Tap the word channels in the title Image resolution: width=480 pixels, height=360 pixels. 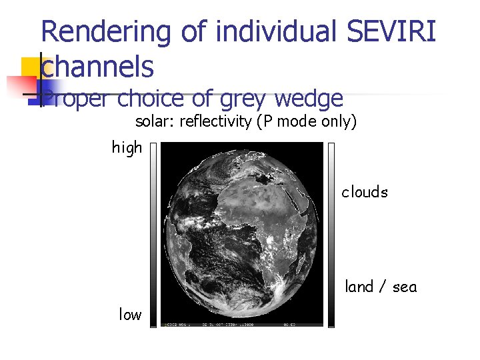(x=98, y=66)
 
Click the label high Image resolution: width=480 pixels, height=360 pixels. (x=127, y=147)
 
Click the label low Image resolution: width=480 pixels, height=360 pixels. (x=130, y=315)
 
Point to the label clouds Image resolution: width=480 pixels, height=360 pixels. (x=365, y=192)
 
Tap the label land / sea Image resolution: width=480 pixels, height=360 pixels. (x=381, y=287)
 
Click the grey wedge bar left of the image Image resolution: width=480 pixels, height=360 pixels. (x=153, y=233)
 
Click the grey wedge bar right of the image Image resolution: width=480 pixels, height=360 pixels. (x=331, y=233)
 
